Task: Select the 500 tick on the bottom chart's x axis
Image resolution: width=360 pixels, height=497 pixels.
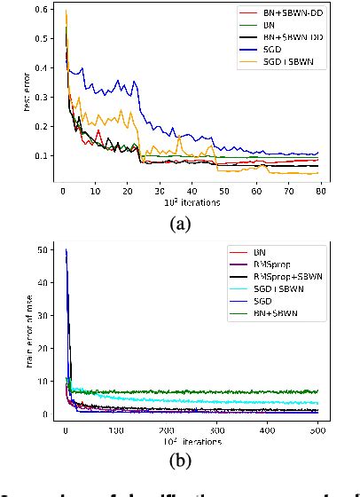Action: pos(315,431)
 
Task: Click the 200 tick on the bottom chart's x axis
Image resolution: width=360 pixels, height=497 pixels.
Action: pos(165,431)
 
